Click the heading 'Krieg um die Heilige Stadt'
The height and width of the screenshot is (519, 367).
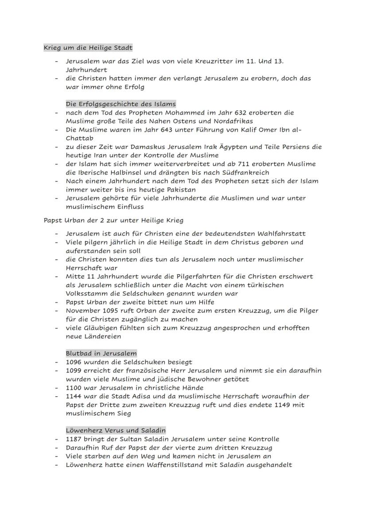coord(88,47)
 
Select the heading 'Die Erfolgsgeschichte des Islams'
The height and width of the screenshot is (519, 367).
coord(121,104)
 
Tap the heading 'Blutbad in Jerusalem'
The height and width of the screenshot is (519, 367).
coord(101,353)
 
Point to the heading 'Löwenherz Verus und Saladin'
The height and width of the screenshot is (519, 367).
coord(116,430)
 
